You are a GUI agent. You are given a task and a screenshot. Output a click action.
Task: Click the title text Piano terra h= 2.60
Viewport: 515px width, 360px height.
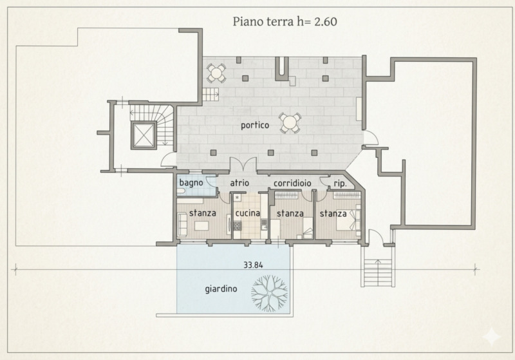click(x=285, y=22)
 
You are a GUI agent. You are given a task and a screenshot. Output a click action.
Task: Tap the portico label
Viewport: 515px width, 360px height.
click(x=255, y=125)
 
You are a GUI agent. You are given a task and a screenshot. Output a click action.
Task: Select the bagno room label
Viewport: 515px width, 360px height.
click(x=191, y=183)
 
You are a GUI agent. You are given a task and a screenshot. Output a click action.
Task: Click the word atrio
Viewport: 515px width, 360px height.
click(x=239, y=183)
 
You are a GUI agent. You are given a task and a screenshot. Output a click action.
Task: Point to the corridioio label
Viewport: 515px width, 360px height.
click(x=292, y=184)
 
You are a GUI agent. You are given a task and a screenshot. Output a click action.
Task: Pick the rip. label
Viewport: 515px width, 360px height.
click(x=341, y=184)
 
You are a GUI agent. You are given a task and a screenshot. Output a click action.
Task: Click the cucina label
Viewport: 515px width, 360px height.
click(x=248, y=213)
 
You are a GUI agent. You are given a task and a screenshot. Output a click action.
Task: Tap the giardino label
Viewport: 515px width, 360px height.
click(x=221, y=289)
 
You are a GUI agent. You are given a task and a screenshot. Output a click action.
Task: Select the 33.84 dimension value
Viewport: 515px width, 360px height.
click(x=253, y=265)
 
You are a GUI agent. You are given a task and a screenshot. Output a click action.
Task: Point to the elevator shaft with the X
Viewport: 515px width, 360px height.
click(x=143, y=135)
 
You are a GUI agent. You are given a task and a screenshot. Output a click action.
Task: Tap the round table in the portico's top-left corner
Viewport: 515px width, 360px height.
click(x=216, y=73)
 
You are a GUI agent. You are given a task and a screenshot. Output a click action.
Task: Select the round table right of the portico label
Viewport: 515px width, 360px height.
click(x=290, y=123)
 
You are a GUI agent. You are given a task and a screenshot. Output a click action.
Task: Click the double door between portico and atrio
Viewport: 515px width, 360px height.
click(x=243, y=164)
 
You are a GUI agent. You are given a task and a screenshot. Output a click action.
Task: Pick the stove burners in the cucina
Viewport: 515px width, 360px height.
click(x=238, y=225)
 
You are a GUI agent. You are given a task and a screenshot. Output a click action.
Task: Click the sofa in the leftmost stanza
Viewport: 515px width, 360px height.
click(x=182, y=224)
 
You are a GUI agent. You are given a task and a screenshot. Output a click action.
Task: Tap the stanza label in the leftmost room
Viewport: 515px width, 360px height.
click(x=202, y=213)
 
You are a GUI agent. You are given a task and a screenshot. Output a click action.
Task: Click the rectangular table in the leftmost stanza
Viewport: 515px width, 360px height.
click(x=202, y=226)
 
